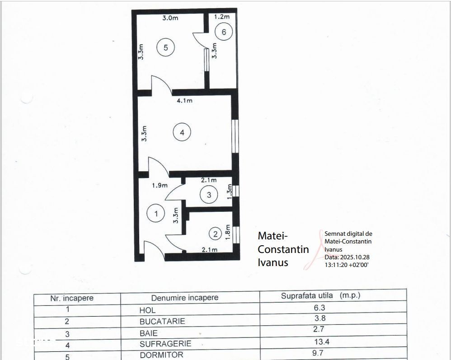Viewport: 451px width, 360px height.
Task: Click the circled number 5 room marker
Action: coord(166,47)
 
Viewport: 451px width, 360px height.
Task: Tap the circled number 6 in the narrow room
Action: coord(224,32)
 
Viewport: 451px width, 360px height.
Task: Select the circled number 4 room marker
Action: coord(182,132)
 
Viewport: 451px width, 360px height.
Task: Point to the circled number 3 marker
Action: coord(209,195)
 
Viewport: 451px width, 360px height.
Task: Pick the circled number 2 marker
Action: coord(216,234)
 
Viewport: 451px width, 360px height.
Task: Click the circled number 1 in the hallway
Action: coord(156,213)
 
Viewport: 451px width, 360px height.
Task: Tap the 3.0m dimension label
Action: coord(170,18)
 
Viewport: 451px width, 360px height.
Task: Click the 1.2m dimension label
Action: coord(222,17)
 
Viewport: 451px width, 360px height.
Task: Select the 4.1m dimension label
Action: coord(184,101)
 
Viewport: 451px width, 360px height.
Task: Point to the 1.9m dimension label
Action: coord(160,186)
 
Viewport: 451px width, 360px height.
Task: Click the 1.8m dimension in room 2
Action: coord(228,232)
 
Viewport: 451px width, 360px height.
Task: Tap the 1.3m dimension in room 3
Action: coord(229,192)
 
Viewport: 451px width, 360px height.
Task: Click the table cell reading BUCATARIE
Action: coord(162,321)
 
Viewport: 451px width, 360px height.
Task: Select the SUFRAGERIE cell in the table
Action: coord(165,344)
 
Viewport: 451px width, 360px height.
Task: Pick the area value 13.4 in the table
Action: coord(322,341)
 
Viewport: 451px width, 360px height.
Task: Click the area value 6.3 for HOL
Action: coord(319,308)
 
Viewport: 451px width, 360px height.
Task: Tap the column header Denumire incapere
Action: coord(185,298)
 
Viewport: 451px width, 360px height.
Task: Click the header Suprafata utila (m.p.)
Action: coord(321,295)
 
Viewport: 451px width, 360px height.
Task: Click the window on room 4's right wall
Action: coord(235,136)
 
